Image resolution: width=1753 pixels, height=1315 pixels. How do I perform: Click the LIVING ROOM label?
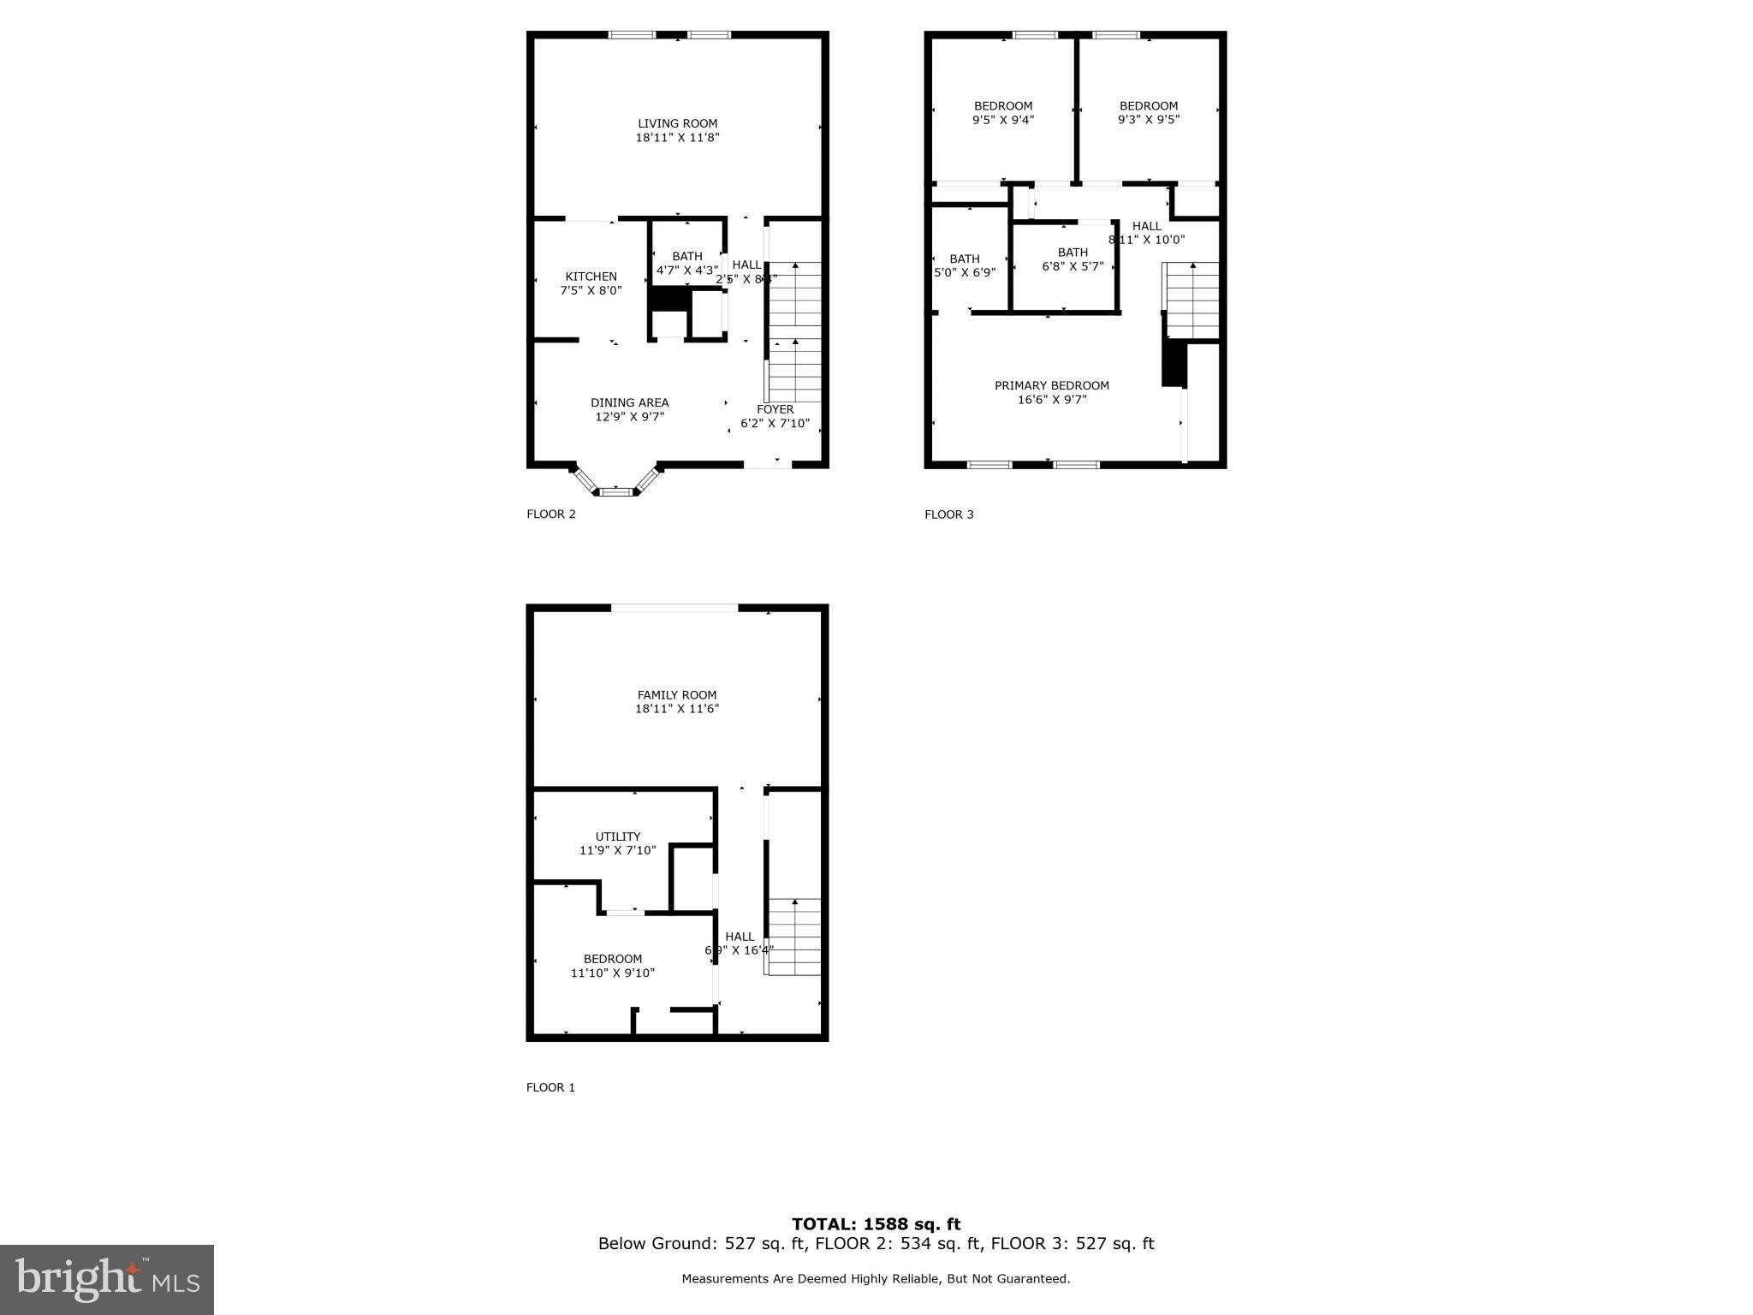677,124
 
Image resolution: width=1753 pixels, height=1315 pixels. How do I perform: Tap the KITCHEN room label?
591,277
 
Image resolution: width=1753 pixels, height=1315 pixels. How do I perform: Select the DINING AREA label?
629,402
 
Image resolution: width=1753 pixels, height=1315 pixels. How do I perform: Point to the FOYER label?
775,409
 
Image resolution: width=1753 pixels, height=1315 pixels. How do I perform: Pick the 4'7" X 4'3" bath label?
686,270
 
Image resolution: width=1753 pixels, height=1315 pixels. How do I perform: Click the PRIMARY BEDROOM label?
1051,385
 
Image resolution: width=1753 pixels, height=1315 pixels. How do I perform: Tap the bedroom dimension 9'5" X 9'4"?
1003,120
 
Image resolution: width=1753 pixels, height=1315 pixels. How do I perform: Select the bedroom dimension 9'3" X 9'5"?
1148,120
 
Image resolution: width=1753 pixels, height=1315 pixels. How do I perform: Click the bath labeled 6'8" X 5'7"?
1073,266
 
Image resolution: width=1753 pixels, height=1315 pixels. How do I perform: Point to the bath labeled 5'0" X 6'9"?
964,272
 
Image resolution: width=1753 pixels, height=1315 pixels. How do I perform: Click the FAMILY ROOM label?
676,695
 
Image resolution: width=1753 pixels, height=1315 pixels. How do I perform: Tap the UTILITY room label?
617,836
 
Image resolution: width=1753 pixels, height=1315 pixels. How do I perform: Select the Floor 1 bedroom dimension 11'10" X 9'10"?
612,973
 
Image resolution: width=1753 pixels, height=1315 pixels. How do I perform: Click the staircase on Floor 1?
794,937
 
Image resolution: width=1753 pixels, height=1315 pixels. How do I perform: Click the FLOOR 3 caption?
948,515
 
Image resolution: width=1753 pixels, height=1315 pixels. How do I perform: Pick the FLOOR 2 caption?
550,515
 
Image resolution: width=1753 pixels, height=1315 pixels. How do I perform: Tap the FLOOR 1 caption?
550,1087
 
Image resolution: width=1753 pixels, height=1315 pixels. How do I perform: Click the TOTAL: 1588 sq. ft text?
876,1224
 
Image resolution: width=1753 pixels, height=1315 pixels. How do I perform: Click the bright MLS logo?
106,1279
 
